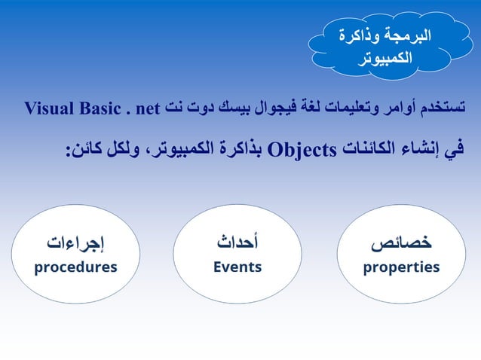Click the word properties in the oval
401,267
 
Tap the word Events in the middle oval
237,267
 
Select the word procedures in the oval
75,267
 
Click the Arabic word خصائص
401,243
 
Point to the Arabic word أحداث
237,243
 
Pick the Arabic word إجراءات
75,243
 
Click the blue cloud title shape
387,44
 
